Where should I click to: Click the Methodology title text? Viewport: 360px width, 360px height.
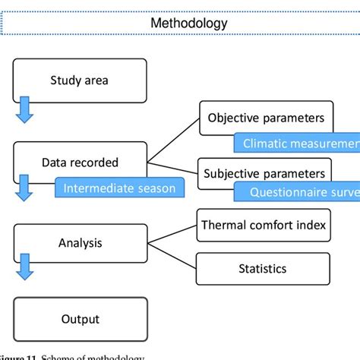pos(188,23)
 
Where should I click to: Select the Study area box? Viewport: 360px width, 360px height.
pos(80,80)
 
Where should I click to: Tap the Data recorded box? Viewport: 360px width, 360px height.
pos(80,163)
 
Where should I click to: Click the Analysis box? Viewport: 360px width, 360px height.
pos(80,243)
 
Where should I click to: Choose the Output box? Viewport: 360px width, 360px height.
pos(80,319)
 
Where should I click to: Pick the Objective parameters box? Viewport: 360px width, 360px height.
pos(266,118)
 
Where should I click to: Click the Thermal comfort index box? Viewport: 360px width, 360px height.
pos(262,225)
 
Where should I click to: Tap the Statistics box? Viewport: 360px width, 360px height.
pos(262,268)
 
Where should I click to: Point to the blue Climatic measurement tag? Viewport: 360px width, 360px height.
pos(296,144)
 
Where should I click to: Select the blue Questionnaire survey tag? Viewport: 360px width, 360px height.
pos(296,192)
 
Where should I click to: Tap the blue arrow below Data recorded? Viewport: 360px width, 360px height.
pos(25,188)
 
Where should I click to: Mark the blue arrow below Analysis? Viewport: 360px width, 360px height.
pos(25,267)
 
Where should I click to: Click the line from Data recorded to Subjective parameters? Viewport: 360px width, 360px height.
pos(172,167)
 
